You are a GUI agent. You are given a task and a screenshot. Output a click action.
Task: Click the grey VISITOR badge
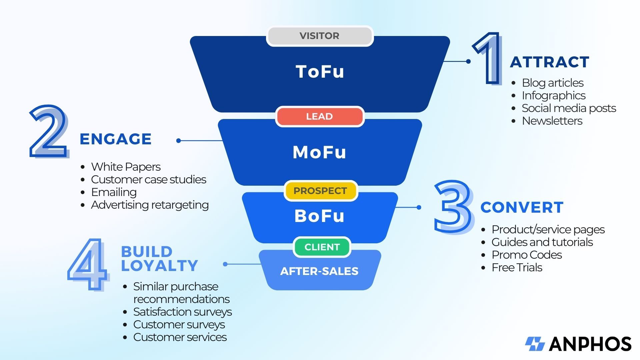pos(320,36)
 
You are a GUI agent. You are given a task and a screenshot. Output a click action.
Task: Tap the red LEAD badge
pos(320,117)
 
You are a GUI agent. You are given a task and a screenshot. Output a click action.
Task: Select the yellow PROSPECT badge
pos(320,191)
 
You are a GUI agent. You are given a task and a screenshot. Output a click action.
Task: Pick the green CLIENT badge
pos(322,247)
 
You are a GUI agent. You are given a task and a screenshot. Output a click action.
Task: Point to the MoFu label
pos(320,152)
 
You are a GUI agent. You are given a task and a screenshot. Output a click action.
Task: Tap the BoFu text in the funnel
pos(320,216)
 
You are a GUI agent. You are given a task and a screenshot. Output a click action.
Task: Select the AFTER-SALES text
pos(319,271)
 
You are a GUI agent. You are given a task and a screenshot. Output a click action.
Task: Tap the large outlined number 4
pos(88,264)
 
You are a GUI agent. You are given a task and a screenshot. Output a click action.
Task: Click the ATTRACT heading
pos(550,62)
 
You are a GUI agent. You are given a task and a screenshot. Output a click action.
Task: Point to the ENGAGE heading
pos(116,139)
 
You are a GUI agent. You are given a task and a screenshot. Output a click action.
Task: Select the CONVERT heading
pos(522,208)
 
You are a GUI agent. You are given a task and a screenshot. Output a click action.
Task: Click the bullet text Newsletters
pos(552,121)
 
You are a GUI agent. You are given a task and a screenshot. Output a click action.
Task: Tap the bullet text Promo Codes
pos(527,255)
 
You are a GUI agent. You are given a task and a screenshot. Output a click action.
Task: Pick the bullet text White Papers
pos(126,167)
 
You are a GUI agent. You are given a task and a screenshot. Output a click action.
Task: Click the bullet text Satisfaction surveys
pos(182,312)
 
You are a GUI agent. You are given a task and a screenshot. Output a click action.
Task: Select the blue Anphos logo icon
pos(535,344)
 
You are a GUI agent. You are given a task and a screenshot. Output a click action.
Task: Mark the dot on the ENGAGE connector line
pos(179,141)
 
